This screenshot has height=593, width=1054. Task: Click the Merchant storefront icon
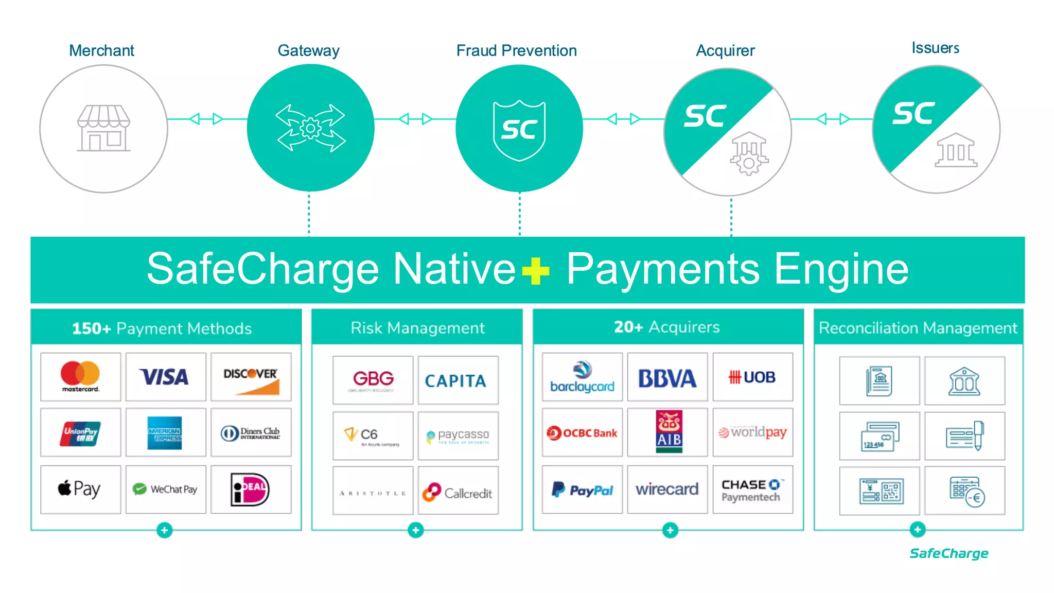(x=103, y=129)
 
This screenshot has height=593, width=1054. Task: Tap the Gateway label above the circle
(x=308, y=50)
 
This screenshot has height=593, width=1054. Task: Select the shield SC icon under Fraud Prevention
(x=519, y=130)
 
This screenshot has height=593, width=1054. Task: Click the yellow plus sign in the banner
(x=535, y=270)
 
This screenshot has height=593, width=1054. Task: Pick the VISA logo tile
(x=165, y=377)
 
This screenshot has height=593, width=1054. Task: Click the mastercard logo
(x=80, y=377)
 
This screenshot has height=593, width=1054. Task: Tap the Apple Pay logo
(x=80, y=489)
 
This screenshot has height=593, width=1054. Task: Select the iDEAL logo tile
(x=250, y=489)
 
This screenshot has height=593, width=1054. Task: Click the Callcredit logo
(x=458, y=492)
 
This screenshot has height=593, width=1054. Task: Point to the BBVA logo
(x=667, y=378)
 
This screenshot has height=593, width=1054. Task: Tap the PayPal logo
(x=582, y=490)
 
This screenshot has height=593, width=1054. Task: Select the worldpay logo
(x=752, y=432)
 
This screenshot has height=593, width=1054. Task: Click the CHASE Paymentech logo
(x=752, y=490)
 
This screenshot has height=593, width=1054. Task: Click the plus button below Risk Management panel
(x=415, y=530)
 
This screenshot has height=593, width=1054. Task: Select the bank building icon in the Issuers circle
(x=955, y=150)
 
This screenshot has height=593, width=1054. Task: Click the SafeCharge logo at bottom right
(x=948, y=553)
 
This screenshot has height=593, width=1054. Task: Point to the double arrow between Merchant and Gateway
(x=206, y=119)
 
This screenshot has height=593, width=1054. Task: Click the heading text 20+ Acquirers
(x=667, y=327)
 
